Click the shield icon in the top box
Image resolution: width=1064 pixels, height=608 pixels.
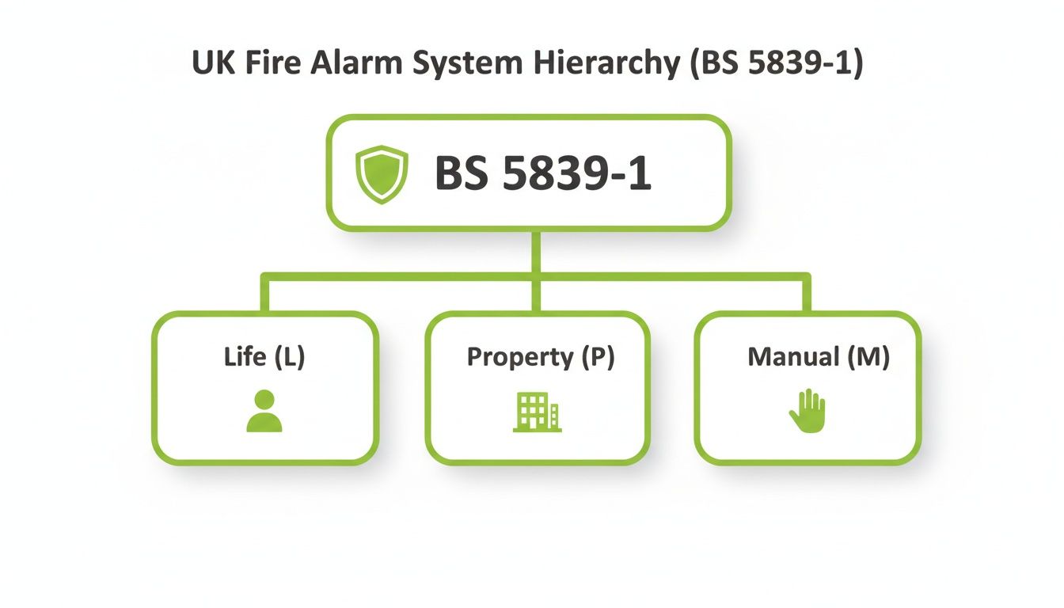[x=382, y=174]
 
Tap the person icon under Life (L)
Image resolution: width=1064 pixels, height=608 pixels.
[x=264, y=411]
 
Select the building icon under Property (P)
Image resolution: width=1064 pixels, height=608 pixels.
[x=537, y=412]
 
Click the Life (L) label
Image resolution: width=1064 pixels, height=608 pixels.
[x=264, y=357]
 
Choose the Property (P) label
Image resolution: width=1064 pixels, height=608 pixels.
[x=540, y=357]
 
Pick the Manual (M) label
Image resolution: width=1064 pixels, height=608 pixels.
[x=818, y=357]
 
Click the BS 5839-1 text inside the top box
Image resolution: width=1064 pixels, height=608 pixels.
[x=543, y=174]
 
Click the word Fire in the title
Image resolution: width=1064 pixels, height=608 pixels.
[x=270, y=63]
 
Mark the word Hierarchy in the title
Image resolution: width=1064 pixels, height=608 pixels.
[x=602, y=63]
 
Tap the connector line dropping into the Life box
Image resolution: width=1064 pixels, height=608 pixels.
[x=264, y=294]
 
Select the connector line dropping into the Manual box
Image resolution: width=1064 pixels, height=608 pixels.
[x=807, y=294]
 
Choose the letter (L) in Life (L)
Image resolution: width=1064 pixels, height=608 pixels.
[x=289, y=357]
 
